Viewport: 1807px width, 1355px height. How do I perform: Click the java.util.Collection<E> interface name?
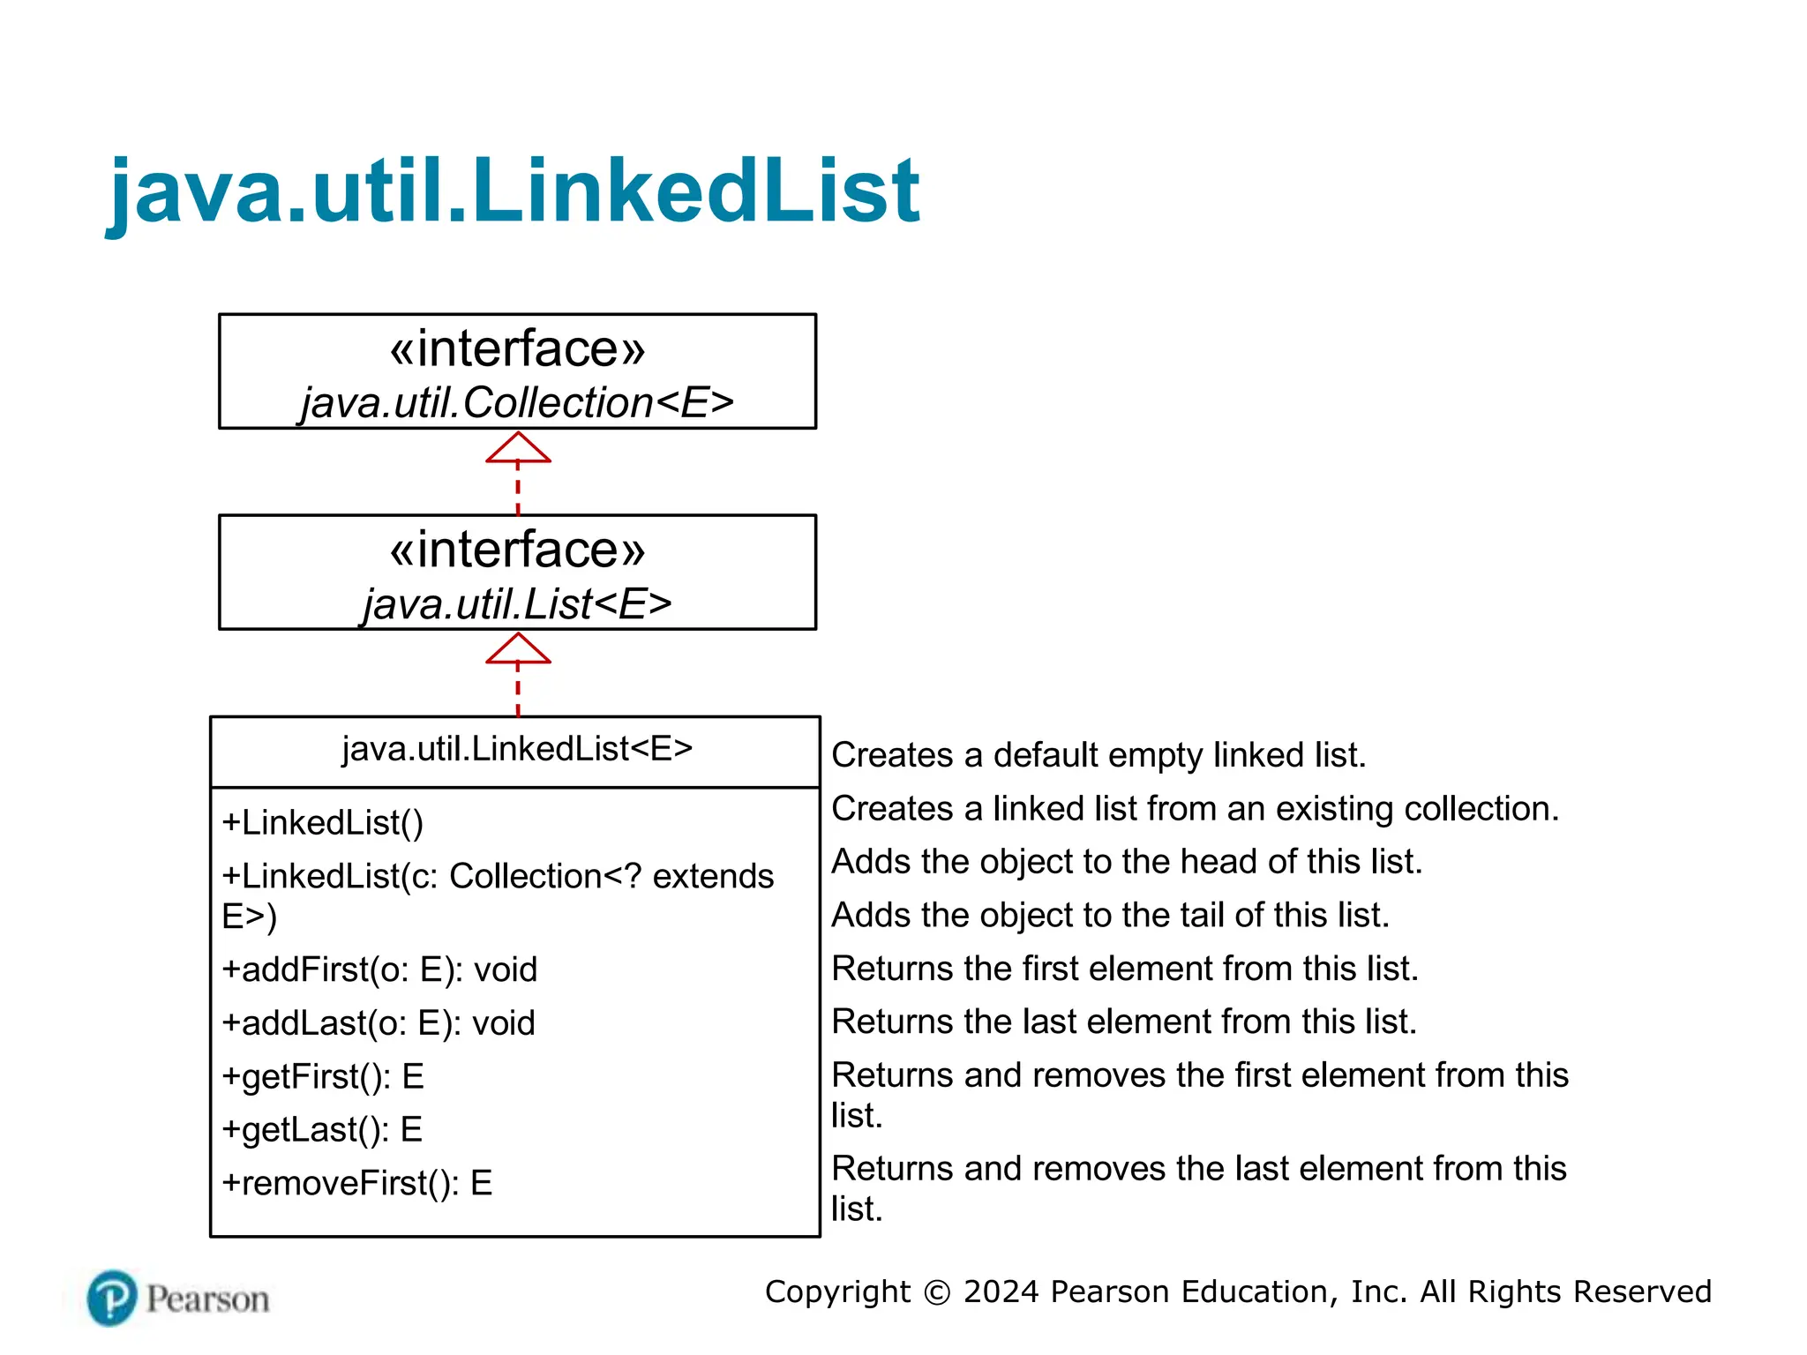(517, 403)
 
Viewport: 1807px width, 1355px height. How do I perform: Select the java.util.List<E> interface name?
(517, 604)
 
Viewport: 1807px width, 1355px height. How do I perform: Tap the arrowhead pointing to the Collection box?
(518, 448)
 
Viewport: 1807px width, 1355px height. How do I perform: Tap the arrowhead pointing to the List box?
(518, 649)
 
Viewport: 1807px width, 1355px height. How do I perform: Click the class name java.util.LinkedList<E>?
(517, 749)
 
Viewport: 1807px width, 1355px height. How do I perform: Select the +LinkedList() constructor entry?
(323, 823)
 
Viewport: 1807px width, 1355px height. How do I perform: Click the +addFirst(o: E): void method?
(379, 969)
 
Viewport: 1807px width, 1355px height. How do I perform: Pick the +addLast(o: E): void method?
(379, 1023)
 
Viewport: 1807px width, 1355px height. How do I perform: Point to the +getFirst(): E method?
(323, 1077)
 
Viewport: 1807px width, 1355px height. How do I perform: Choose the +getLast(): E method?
(322, 1130)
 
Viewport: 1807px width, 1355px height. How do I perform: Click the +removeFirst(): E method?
(356, 1184)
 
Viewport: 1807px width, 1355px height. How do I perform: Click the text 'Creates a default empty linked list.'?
(1098, 756)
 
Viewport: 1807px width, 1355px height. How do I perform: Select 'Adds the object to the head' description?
(1127, 862)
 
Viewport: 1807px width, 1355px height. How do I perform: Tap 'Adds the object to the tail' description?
(1110, 916)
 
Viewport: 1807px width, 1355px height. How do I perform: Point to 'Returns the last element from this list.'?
(1124, 1022)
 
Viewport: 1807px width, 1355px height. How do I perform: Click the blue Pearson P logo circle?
(112, 1299)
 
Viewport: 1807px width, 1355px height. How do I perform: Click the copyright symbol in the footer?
(937, 1293)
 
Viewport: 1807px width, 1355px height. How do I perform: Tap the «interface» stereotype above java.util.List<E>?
(517, 550)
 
